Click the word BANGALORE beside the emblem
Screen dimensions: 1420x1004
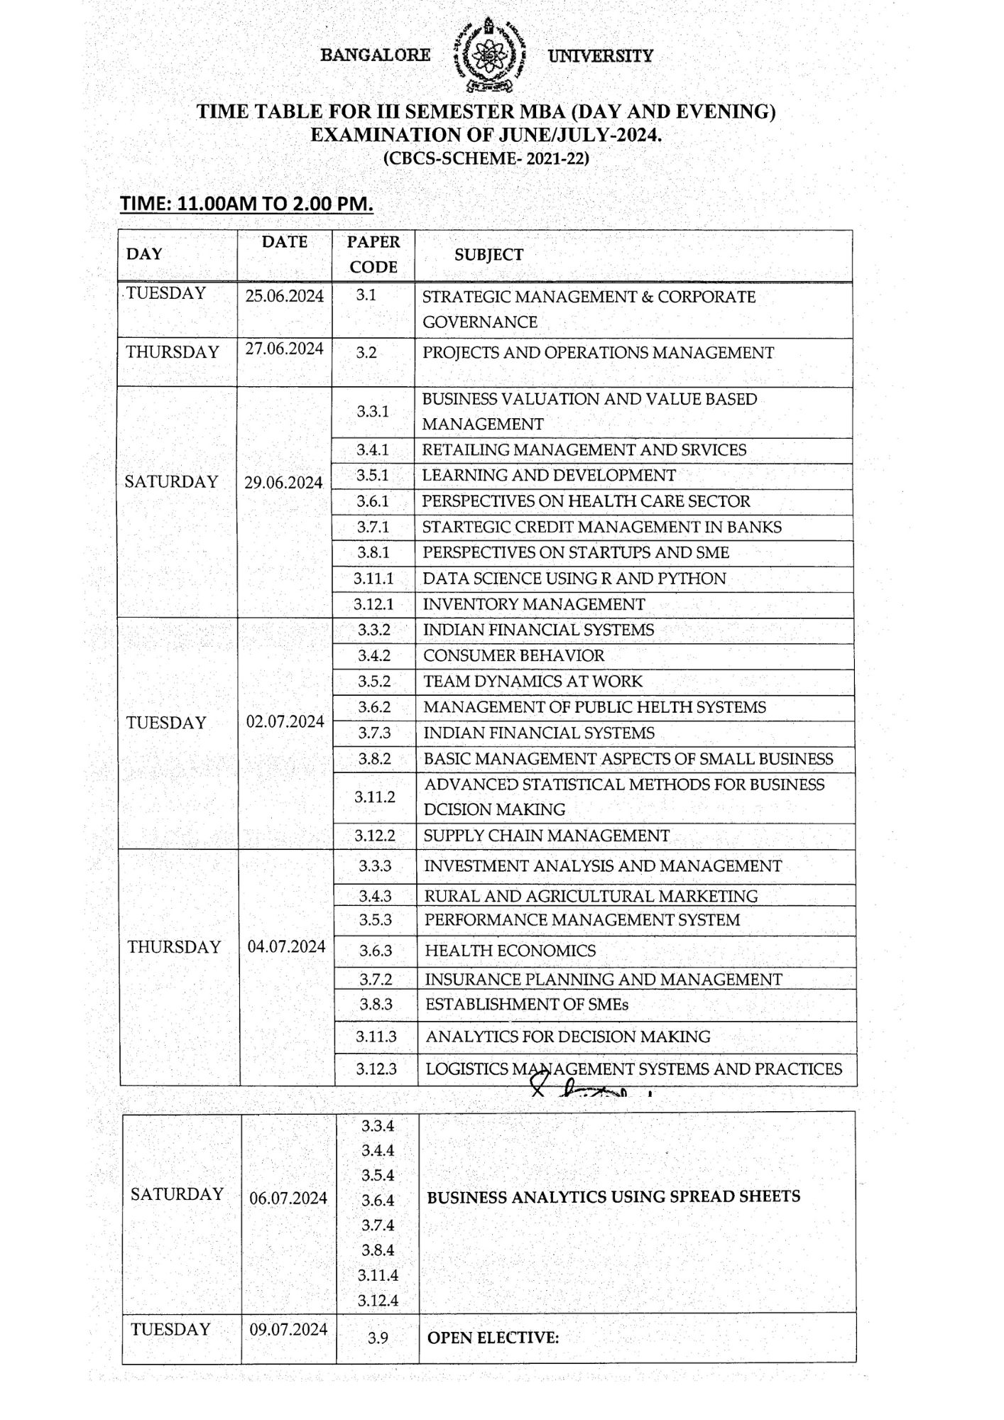tap(376, 55)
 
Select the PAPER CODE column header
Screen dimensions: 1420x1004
tap(373, 254)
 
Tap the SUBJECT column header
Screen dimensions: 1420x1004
tap(489, 255)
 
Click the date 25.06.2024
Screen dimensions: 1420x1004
tap(285, 296)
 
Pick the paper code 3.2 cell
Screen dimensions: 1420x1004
tap(366, 352)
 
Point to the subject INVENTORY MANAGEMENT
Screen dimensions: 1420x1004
tap(534, 604)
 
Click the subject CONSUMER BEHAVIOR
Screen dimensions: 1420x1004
tap(514, 656)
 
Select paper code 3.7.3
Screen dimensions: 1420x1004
tap(374, 733)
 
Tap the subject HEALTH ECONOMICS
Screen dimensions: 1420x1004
tap(511, 951)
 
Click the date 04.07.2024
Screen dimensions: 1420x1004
tap(287, 946)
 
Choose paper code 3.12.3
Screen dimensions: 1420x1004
tap(376, 1069)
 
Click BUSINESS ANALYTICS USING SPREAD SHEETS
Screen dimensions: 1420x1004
tap(613, 1196)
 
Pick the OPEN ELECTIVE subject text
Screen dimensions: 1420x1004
tap(493, 1338)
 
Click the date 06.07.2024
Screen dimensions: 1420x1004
tap(288, 1198)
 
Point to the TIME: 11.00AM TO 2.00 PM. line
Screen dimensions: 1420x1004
tap(246, 204)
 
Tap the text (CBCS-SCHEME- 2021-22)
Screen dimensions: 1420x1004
tap(486, 158)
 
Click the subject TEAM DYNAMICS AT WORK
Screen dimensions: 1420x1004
tap(533, 682)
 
